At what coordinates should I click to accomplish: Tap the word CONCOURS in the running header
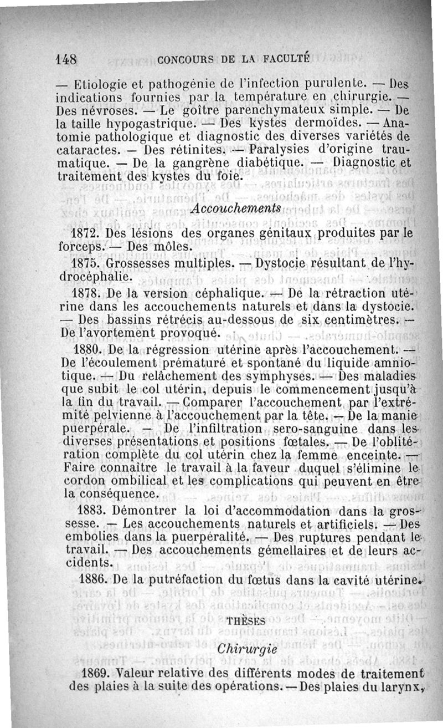pyautogui.click(x=183, y=59)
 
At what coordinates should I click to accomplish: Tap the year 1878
pyautogui.click(x=86, y=293)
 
